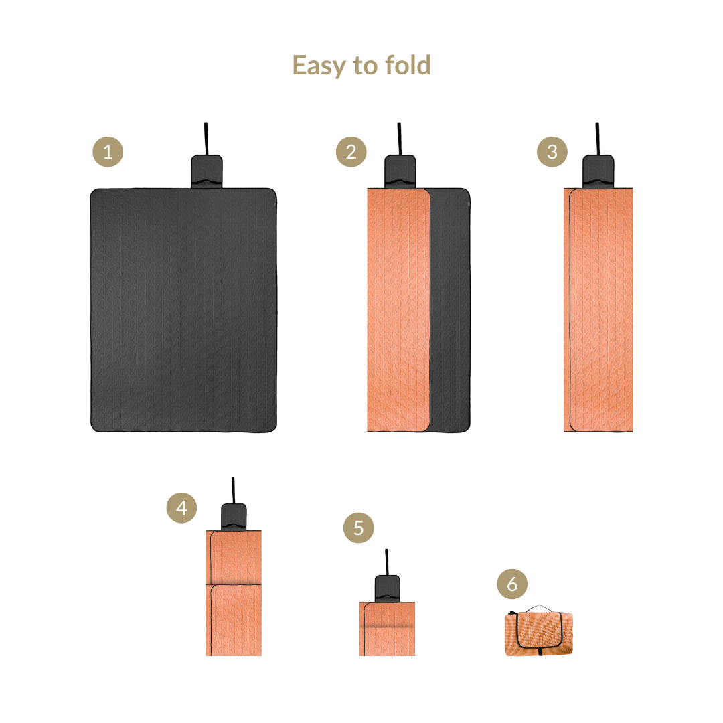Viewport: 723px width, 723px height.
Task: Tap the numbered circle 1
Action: pos(108,152)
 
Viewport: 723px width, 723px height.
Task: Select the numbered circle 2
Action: pos(351,152)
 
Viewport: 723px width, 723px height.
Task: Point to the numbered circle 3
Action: pos(552,152)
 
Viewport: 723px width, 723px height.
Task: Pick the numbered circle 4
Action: pos(181,507)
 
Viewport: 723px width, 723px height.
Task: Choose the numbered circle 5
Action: pos(359,528)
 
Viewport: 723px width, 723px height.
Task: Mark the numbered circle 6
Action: pos(512,584)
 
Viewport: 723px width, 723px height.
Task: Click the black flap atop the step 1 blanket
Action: pos(207,171)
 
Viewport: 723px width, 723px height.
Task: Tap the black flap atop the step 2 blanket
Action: pos(400,171)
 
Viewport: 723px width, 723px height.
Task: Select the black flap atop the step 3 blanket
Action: pos(598,171)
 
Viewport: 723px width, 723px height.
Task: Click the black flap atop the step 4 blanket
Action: pos(234,517)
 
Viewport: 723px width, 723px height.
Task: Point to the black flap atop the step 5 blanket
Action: pos(388,588)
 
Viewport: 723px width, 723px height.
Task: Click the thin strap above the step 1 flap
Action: pos(206,139)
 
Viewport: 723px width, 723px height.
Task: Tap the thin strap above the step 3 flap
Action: pos(598,139)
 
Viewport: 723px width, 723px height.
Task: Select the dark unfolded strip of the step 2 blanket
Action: pos(451,310)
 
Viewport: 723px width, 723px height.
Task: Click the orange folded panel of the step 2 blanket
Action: pos(398,310)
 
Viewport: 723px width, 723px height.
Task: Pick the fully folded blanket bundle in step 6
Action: pos(539,631)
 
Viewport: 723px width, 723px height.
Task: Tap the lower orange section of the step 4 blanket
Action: pos(234,620)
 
